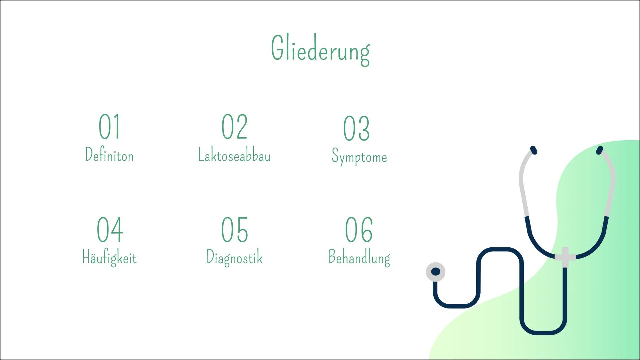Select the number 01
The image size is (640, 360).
[109, 127]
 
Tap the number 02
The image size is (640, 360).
[235, 127]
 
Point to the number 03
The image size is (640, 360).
[356, 129]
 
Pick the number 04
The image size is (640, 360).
[110, 229]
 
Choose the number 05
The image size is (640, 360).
[235, 229]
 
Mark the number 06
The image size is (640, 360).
[359, 229]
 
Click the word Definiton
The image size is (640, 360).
[109, 155]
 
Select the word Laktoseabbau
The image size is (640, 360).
[234, 155]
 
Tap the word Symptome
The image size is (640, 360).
[359, 157]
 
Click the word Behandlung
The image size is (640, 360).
[359, 258]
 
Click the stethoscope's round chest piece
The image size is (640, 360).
[436, 272]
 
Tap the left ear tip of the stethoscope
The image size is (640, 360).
[533, 150]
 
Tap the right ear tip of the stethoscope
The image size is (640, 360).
[600, 150]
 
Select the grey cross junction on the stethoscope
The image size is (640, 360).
[565, 257]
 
